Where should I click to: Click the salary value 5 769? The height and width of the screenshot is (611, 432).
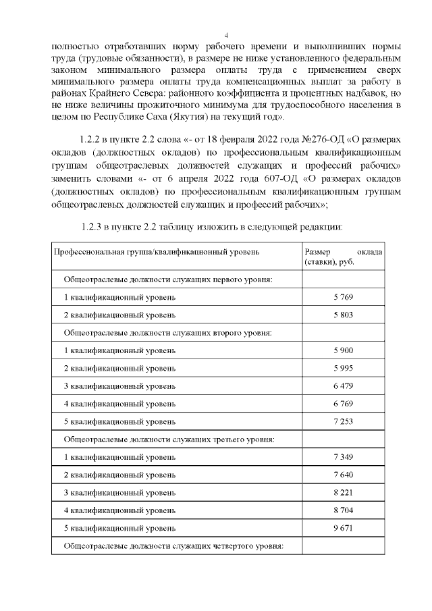coord(343,297)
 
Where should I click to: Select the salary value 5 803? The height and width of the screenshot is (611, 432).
coord(343,315)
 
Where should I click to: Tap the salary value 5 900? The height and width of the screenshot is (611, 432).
coord(343,350)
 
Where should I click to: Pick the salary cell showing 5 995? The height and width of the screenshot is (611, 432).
coord(343,368)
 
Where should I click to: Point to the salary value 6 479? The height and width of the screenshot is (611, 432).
coord(343,386)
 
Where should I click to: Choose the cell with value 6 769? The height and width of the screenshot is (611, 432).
coord(343,404)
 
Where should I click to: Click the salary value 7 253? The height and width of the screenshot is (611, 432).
coord(343,421)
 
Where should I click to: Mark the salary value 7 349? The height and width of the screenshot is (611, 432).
coord(343,457)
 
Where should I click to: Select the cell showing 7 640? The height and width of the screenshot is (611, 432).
coord(343,475)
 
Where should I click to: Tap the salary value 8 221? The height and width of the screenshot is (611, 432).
coord(343,492)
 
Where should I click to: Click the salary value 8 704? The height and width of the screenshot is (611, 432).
coord(343,510)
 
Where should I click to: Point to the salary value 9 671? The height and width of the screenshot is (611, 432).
coord(343,527)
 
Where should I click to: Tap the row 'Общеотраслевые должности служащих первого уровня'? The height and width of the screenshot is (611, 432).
coord(168,280)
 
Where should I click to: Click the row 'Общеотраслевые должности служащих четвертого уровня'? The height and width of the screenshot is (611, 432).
coord(172,546)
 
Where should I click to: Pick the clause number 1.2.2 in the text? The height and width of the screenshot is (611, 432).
coord(90,138)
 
